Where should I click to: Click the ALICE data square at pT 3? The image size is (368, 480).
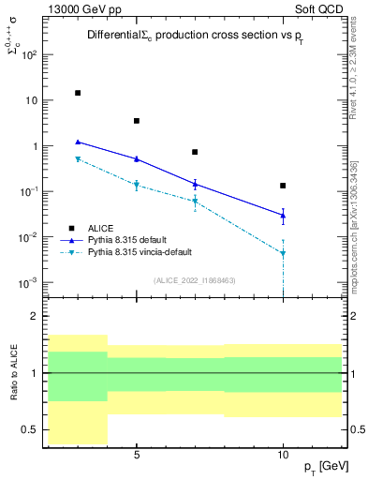coord(78,93)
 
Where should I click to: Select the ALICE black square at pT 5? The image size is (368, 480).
coord(137,121)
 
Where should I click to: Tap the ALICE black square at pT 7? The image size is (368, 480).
coord(195,152)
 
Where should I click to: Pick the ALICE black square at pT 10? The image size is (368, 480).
coord(283,186)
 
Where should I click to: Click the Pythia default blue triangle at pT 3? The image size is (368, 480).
coord(78,142)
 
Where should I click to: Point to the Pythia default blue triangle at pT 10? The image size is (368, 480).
coord(283,216)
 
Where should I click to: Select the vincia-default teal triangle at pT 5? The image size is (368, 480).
coord(137,185)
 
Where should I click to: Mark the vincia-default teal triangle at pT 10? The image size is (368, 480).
coord(283,253)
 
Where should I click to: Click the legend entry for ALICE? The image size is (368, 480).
coord(101,228)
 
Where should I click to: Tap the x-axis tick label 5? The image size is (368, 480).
coord(137,456)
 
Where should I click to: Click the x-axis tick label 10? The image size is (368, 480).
coord(283,456)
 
